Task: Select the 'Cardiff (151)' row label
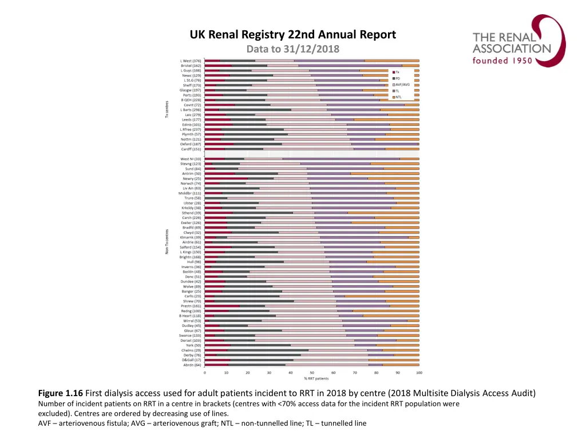tap(191, 149)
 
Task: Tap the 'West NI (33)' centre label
tap(191, 158)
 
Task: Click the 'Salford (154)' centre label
tap(191, 247)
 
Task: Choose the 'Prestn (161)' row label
tap(191, 306)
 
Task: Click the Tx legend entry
tap(397, 72)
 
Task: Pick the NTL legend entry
tap(398, 97)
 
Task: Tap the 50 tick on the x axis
tap(312, 373)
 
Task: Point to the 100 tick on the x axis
tap(419, 373)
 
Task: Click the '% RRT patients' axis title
tap(312, 379)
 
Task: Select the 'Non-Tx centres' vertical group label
tap(167, 242)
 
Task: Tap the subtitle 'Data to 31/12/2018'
tap(293, 49)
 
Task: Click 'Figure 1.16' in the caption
tap(61, 393)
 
